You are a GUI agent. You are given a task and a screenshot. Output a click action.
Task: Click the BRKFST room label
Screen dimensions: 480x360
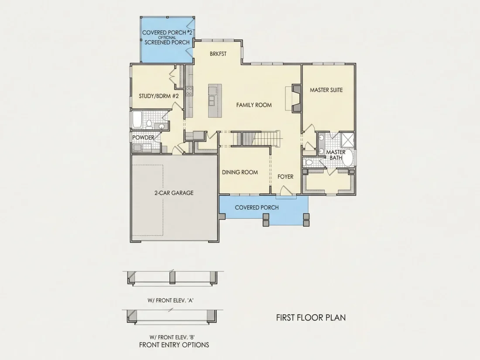(218, 54)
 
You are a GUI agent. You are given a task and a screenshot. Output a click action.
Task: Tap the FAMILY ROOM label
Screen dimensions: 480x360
(254, 105)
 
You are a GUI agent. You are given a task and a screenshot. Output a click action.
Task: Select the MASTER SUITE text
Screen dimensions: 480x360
(326, 90)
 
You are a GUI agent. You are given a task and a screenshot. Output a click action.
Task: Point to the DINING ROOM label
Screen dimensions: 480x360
(240, 172)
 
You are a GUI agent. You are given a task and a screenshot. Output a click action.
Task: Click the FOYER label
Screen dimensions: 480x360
(285, 177)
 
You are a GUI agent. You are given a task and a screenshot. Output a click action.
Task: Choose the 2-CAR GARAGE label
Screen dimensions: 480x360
(174, 193)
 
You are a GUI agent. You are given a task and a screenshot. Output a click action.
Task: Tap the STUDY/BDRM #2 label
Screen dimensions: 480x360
(158, 96)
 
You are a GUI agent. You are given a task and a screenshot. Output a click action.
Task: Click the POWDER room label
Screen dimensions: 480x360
(143, 138)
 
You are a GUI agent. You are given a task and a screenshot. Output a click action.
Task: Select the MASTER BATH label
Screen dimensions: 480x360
(336, 155)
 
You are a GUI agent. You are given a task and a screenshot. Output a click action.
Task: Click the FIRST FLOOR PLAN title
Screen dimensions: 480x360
(311, 317)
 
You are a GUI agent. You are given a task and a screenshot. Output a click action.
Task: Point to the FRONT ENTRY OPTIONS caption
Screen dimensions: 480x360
(174, 345)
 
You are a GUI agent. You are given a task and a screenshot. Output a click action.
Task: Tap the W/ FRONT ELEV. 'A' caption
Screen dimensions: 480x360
(170, 301)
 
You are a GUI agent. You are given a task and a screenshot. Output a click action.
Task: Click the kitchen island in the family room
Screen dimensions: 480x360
(215, 101)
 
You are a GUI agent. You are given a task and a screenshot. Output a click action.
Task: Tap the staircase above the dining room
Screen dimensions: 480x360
(256, 139)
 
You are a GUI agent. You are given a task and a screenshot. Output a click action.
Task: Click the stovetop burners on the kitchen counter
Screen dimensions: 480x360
(189, 91)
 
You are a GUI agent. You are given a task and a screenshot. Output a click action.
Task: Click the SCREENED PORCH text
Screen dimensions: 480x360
(167, 42)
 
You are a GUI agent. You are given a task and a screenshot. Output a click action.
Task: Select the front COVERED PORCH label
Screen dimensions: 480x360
(257, 208)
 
